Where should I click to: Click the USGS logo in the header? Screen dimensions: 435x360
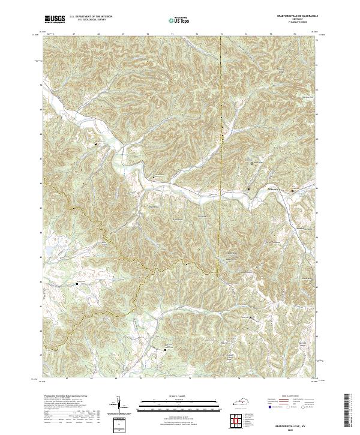pyautogui.click(x=54, y=20)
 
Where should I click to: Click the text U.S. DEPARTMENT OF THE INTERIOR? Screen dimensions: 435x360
pyautogui.click(x=91, y=17)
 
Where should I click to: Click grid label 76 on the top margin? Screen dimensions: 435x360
pyautogui.click(x=295, y=35)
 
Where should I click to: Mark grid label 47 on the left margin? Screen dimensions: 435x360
pyautogui.click(x=40, y=159)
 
